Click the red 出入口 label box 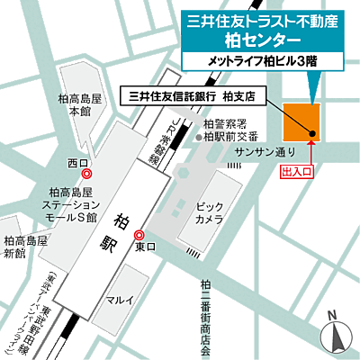point(298,168)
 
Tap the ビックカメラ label point(210,213)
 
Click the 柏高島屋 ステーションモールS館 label point(74,204)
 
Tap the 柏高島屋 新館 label point(25,247)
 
